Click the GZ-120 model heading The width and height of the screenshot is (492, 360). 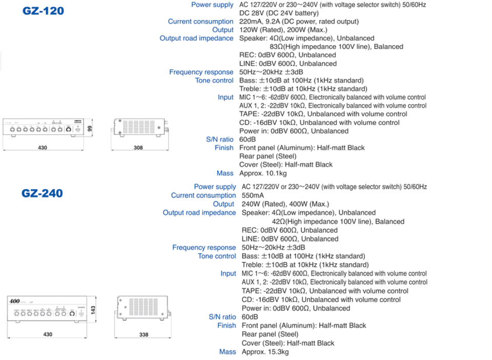click(x=44, y=11)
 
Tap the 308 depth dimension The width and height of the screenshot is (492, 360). click(x=138, y=148)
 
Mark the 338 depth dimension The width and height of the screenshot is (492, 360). click(x=143, y=335)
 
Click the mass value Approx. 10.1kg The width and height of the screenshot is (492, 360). click(x=263, y=173)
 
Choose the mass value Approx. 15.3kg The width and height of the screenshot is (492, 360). click(x=265, y=352)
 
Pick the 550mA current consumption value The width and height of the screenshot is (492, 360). click(x=253, y=195)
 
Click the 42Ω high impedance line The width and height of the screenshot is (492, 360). click(x=339, y=222)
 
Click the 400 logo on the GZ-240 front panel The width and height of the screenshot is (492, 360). click(x=14, y=302)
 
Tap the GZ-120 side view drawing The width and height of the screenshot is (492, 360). click(x=139, y=128)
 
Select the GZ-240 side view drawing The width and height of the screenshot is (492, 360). click(x=144, y=308)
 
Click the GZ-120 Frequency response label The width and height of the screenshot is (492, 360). click(x=201, y=72)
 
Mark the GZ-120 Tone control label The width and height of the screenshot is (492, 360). click(x=214, y=80)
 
